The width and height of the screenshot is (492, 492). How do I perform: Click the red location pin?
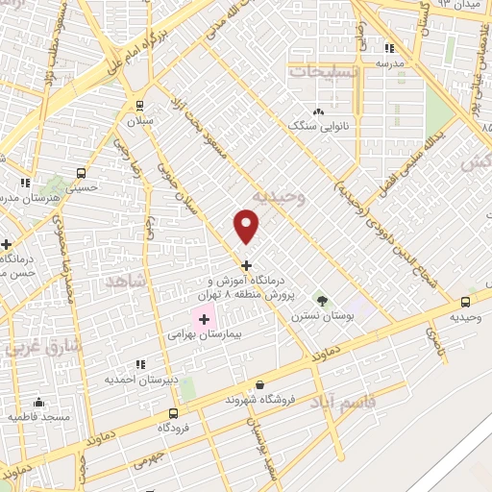247,227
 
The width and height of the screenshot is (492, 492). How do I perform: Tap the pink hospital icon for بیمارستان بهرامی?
204,318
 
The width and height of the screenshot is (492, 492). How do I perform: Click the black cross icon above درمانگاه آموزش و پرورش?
247,265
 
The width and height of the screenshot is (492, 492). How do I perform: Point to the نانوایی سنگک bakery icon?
318,111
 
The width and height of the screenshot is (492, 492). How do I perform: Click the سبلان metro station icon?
140,106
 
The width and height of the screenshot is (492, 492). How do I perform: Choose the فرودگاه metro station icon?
173,416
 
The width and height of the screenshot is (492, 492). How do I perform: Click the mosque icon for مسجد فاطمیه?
38,402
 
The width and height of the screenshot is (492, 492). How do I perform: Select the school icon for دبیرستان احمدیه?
140,364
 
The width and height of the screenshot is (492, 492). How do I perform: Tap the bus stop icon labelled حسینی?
81,174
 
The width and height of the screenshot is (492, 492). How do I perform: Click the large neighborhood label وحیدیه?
278,198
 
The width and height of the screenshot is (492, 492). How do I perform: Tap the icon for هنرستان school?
24,182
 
